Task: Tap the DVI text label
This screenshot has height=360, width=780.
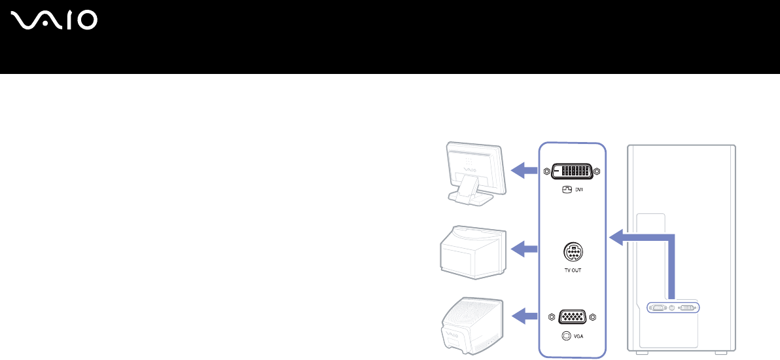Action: pos(579,190)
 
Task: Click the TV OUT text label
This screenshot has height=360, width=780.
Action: pos(573,270)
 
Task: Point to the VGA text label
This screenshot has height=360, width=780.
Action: pos(578,336)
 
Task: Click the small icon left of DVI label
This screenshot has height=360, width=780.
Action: pos(567,190)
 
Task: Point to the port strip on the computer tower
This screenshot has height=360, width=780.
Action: pos(673,306)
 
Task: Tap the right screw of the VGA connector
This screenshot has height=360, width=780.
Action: pos(593,317)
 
